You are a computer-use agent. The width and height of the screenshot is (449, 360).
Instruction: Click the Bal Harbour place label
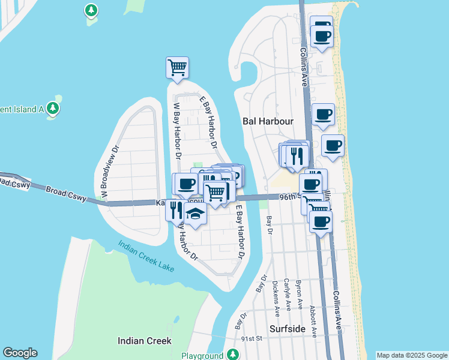(x=268, y=121)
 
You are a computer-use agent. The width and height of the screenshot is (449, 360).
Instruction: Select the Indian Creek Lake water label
(x=147, y=256)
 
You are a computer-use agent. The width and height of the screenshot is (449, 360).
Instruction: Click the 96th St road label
(x=289, y=196)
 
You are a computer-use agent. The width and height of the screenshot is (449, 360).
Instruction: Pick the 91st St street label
(x=252, y=338)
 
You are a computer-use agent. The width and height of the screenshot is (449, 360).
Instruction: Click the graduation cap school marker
(x=195, y=214)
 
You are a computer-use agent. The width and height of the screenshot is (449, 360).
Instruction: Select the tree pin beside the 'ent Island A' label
(x=53, y=107)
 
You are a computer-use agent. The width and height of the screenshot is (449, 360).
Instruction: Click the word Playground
(x=202, y=356)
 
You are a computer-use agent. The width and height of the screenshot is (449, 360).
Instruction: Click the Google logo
(x=20, y=353)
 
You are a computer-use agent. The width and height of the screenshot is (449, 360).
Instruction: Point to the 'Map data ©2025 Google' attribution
(x=412, y=355)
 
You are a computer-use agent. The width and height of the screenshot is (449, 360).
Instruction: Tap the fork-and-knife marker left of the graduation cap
(x=176, y=209)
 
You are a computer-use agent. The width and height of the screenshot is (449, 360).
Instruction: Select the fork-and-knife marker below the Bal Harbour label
(x=297, y=155)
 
